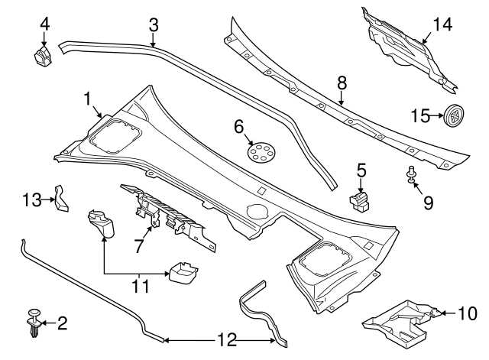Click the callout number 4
pyautogui.click(x=45, y=24)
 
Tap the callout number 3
pyautogui.click(x=154, y=24)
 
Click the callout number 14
pyautogui.click(x=442, y=24)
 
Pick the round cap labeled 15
pyautogui.click(x=454, y=116)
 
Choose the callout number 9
pyautogui.click(x=428, y=203)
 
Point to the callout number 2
pyautogui.click(x=63, y=323)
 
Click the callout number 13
pyautogui.click(x=31, y=199)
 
